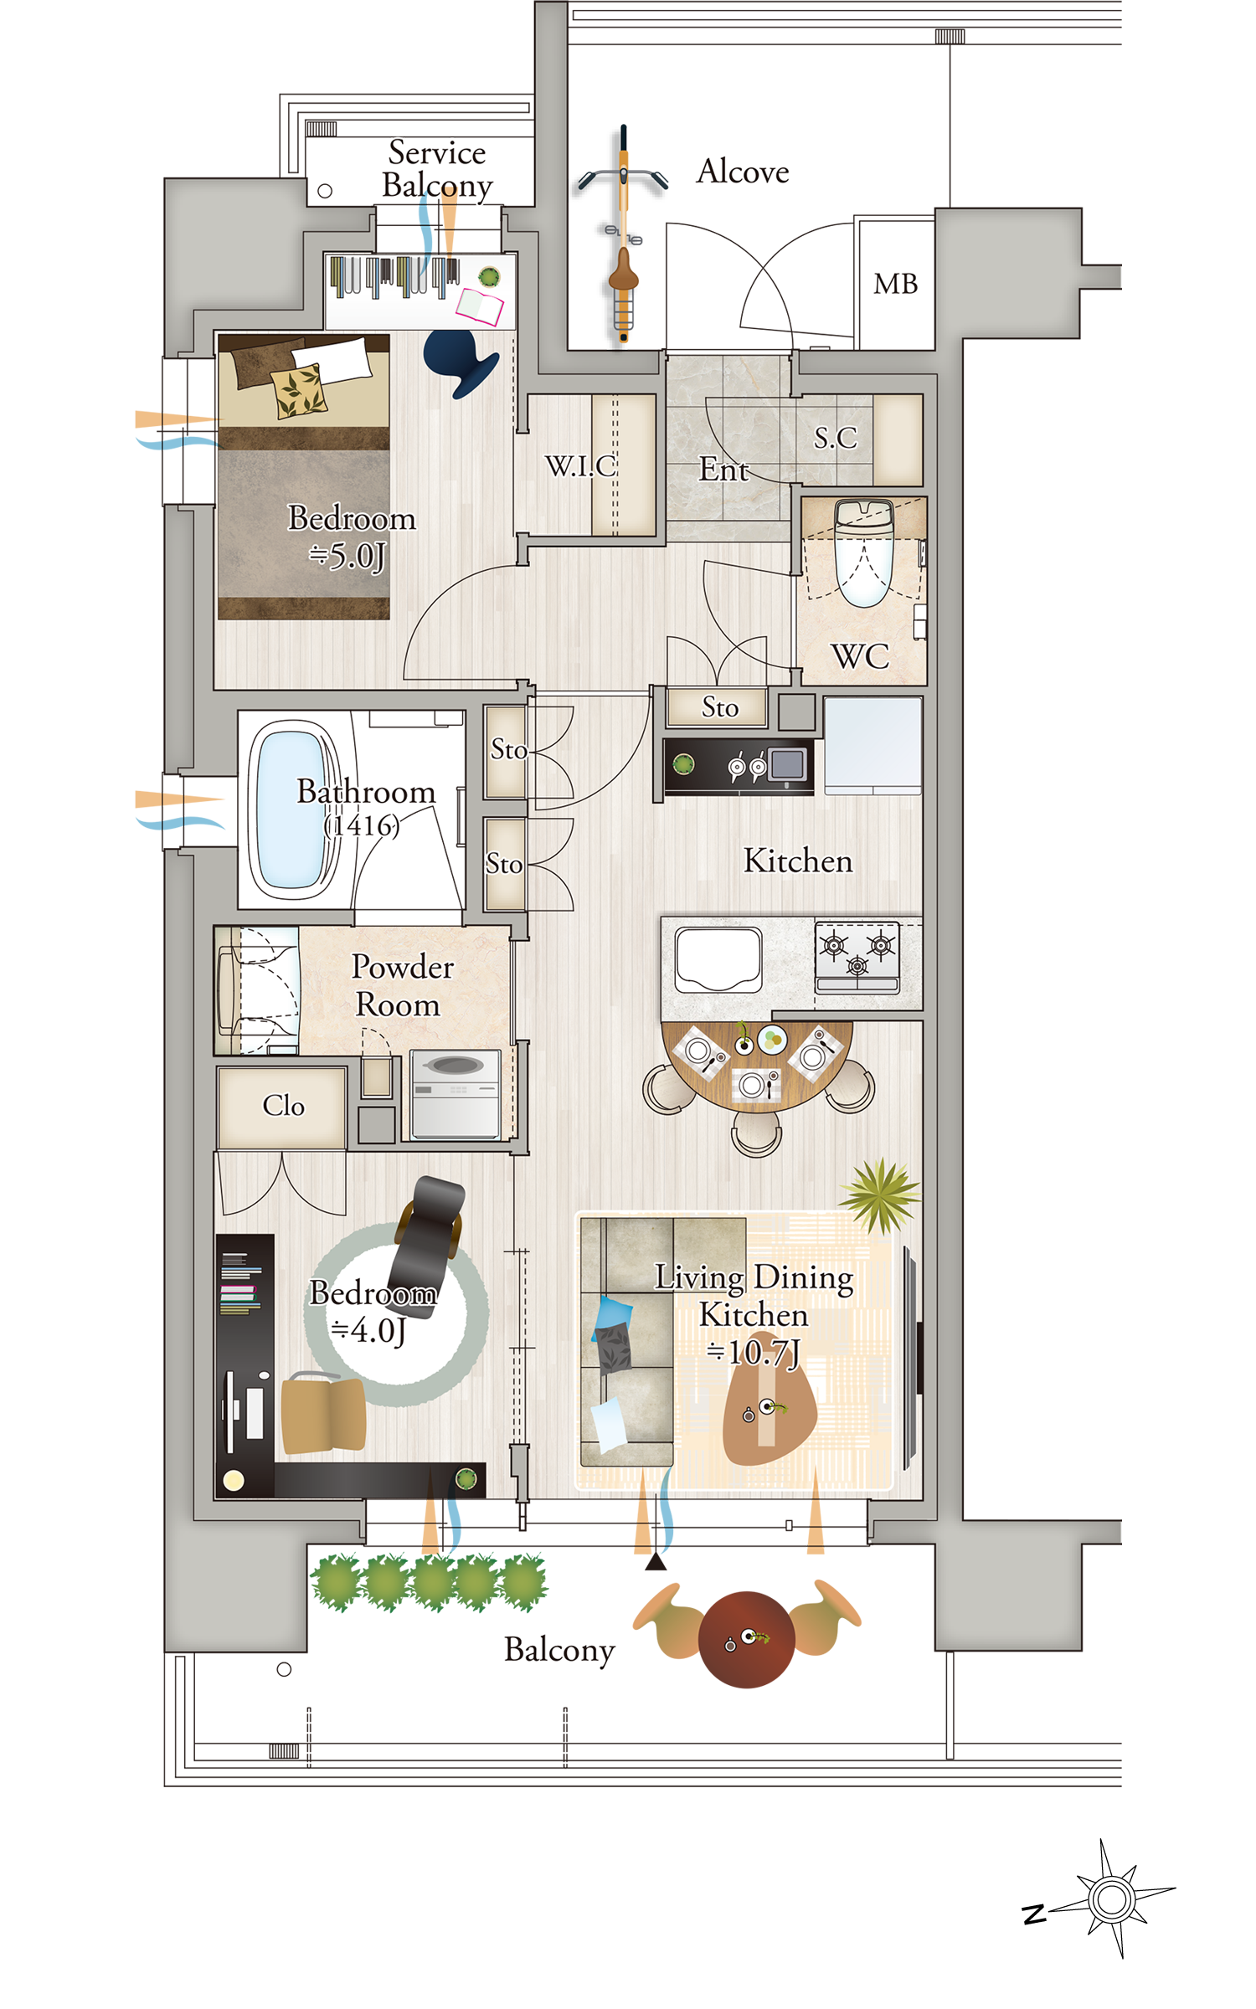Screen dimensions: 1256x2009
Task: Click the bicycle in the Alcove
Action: coord(623,234)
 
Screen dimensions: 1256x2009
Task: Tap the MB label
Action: coord(895,284)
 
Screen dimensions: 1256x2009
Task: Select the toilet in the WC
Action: coord(864,552)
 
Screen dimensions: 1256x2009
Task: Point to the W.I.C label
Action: coord(580,465)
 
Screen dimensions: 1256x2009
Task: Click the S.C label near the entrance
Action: coord(835,437)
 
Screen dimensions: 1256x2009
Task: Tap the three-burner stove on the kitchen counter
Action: coord(857,958)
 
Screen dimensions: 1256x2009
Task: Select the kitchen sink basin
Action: coord(718,959)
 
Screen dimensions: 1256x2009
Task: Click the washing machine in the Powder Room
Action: coord(456,1095)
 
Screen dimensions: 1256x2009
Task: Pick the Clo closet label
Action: coord(283,1106)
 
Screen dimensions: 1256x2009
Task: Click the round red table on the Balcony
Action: coord(746,1639)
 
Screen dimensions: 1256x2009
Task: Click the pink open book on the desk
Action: coord(480,306)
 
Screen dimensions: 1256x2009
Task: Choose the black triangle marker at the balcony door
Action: coord(656,1561)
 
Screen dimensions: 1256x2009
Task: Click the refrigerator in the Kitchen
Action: coord(873,745)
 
